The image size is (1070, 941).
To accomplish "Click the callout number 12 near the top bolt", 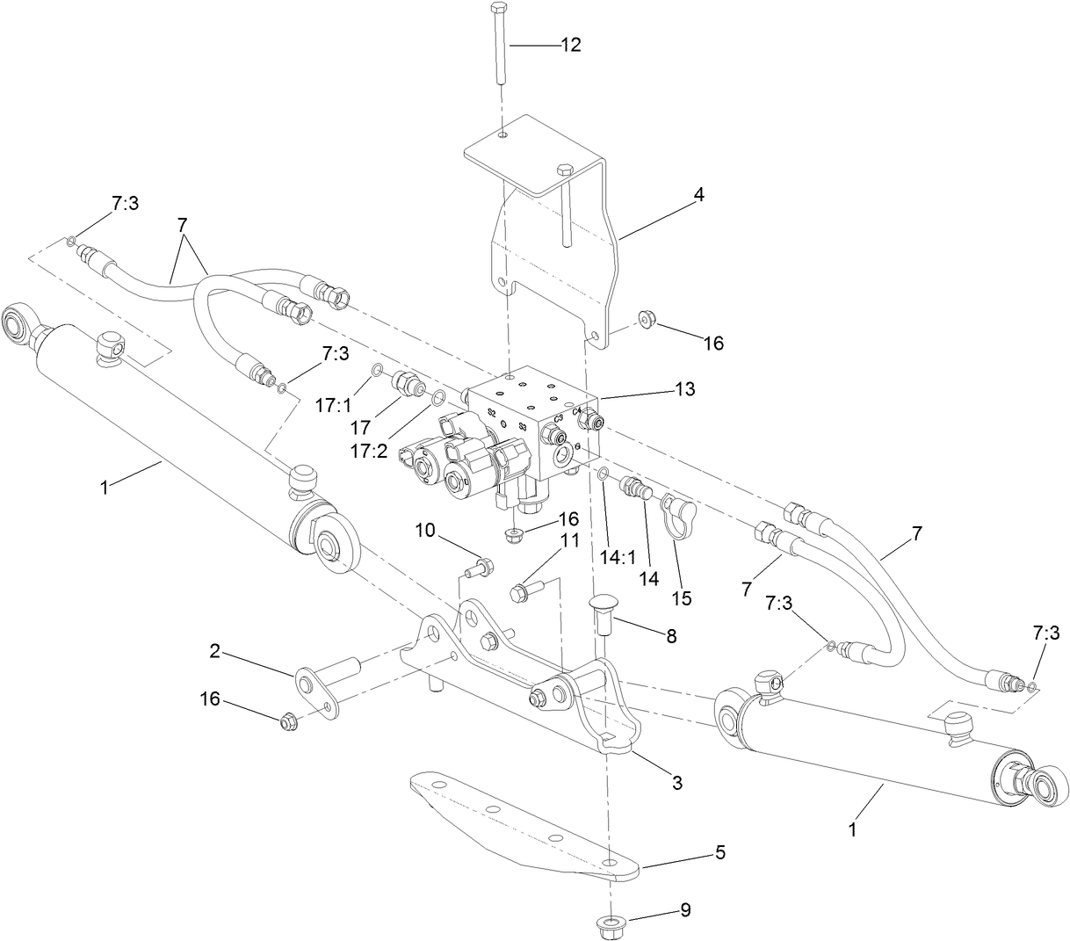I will click(571, 45).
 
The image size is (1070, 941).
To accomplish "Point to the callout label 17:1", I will click(334, 406).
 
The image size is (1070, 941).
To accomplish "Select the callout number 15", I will click(681, 598).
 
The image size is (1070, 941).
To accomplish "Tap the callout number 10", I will click(425, 530).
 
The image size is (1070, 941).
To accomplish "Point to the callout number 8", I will click(671, 636).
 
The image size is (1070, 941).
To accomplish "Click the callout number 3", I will click(677, 782).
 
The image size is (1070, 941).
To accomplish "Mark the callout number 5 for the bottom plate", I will click(719, 853).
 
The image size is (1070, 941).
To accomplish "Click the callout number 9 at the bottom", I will click(683, 910).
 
